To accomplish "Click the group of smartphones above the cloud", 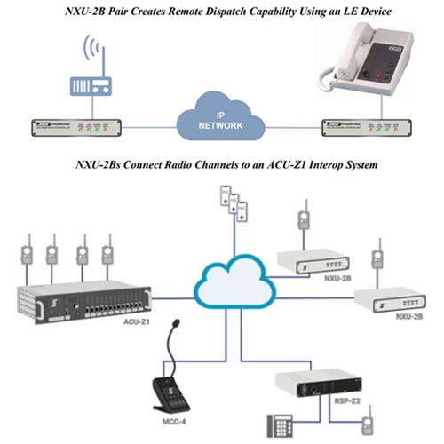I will pos(230,206).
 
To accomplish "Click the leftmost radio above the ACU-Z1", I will pos(26,251).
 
